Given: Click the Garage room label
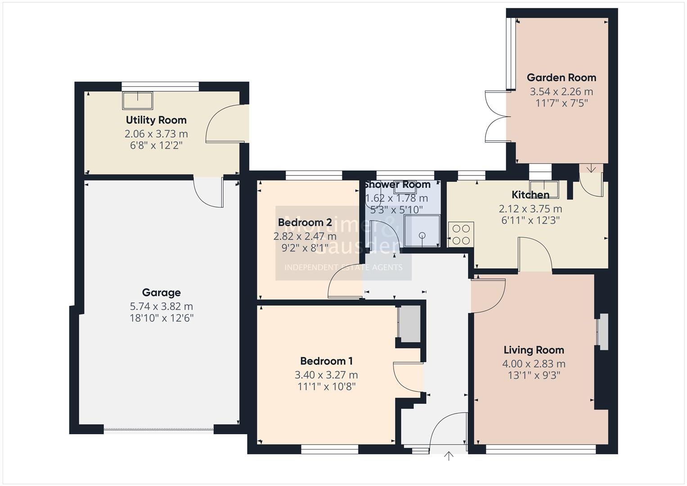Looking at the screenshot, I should [x=161, y=292].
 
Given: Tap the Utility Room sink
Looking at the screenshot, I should [x=138, y=100].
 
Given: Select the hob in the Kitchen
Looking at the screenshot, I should [x=461, y=234].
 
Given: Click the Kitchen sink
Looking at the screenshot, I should [x=544, y=189].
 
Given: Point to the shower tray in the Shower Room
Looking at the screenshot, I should [x=422, y=231].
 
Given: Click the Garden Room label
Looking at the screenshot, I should [x=561, y=77].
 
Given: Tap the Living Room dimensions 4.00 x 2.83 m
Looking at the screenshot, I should [x=534, y=364].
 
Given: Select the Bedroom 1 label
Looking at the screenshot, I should [x=326, y=361].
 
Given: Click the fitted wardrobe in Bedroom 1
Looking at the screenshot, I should [x=409, y=323].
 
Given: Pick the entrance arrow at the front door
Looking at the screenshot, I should [x=449, y=456].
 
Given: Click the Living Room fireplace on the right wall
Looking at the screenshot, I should [x=602, y=332].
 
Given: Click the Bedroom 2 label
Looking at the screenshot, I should [x=305, y=222].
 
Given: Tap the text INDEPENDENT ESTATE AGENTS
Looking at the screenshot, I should [x=343, y=267].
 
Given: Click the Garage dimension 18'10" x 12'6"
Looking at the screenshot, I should [x=161, y=318].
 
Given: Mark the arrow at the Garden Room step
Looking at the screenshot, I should [x=591, y=169].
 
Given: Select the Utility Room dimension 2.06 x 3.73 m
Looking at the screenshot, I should [x=156, y=134].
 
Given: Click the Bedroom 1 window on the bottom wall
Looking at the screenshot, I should [x=329, y=449].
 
